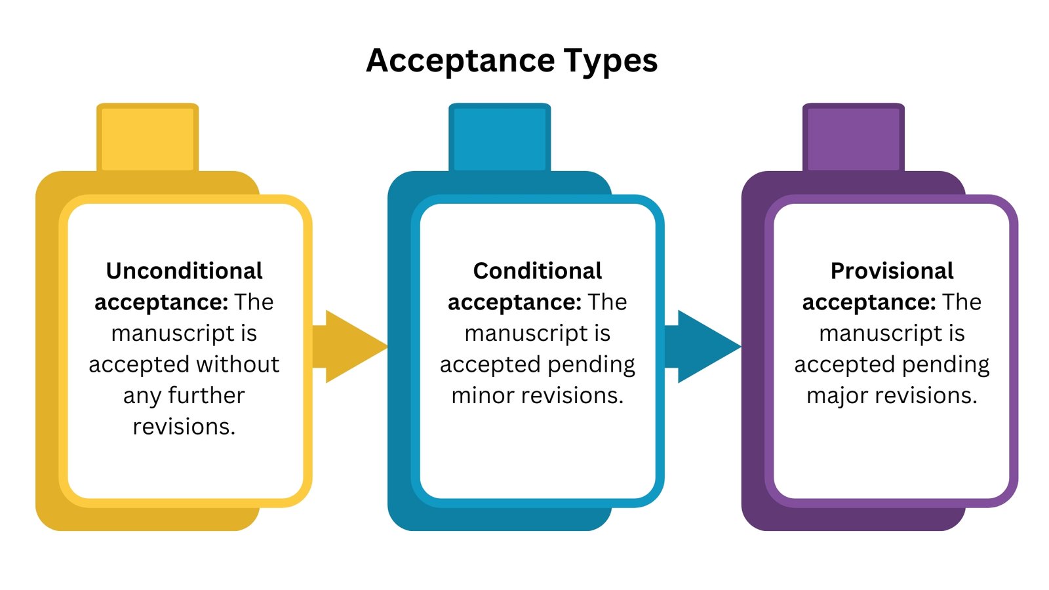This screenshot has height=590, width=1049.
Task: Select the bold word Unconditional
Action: click(184, 271)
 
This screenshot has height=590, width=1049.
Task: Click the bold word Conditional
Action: click(538, 271)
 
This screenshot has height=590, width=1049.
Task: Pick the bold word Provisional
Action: click(892, 271)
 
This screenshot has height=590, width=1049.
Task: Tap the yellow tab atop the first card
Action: click(148, 138)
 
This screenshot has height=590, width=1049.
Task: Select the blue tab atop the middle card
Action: click(500, 138)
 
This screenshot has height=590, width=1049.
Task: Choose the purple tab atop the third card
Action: click(854, 138)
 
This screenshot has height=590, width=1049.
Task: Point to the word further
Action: click(206, 395)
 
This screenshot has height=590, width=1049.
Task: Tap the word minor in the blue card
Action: click(480, 395)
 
